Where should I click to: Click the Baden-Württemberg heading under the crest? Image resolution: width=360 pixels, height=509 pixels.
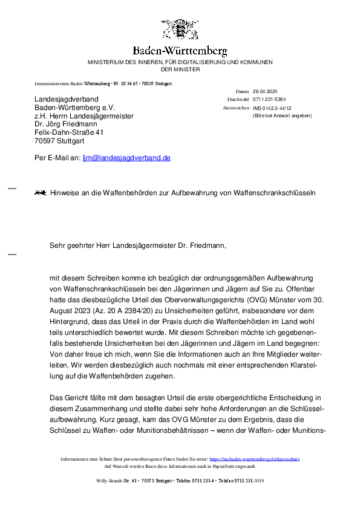coord(180,51)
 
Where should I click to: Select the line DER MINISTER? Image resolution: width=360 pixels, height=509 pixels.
coord(180,70)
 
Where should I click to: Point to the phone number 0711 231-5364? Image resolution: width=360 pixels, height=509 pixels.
coord(269,99)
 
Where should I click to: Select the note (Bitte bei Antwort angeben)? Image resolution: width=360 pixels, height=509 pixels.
coord(282,115)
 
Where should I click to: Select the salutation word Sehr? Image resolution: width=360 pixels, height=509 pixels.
coord(57,245)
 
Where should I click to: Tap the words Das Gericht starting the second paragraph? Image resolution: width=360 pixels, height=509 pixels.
coord(70,398)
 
